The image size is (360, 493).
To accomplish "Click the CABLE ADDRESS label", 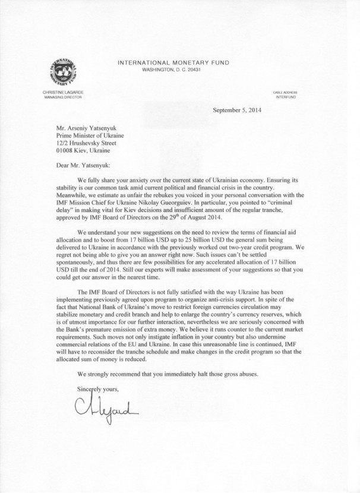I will (285, 93).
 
